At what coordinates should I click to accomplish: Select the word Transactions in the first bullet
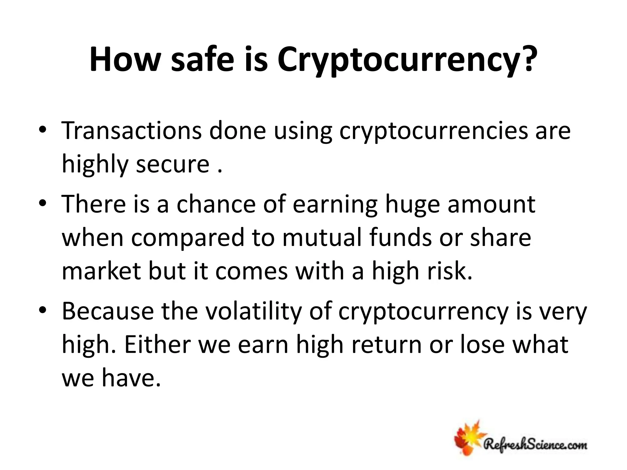pyautogui.click(x=132, y=131)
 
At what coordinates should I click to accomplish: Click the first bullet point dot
pyautogui.click(x=43, y=130)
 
